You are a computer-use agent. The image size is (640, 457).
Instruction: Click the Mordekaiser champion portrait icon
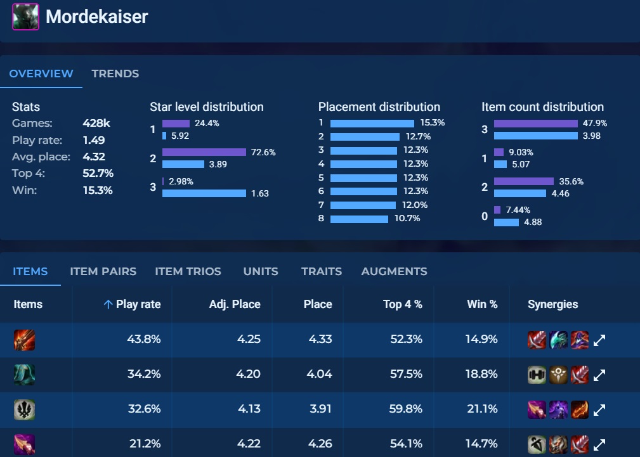point(25,16)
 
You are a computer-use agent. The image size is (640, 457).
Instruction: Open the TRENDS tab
point(115,74)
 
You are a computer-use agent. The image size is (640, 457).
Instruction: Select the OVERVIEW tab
point(41,74)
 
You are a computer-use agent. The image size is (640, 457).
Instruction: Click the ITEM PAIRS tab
point(103,271)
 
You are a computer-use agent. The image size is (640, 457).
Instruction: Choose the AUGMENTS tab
point(394,271)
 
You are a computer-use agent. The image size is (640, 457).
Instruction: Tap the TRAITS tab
point(322,271)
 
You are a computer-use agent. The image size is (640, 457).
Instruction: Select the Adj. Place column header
point(235,304)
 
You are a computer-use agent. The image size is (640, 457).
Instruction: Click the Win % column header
point(482,304)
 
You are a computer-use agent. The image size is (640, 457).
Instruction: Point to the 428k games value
point(96,124)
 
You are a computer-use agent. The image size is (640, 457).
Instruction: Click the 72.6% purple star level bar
point(204,152)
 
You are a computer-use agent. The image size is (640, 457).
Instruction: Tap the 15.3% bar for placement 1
point(372,123)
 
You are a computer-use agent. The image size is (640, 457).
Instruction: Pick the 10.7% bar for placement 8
point(359,219)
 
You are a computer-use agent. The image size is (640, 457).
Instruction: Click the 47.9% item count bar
point(536,123)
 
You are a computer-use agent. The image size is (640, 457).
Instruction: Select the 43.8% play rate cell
point(144,339)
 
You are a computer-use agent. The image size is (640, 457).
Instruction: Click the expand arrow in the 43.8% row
point(599,340)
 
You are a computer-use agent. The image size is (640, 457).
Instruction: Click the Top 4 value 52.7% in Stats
point(98,173)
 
